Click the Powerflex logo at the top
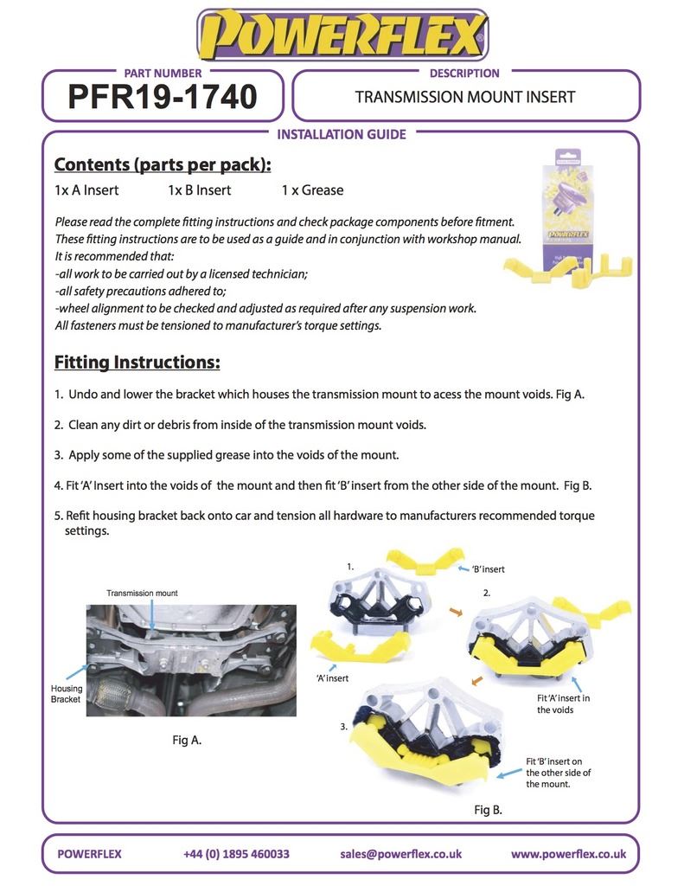[342, 35]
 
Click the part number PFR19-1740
[163, 97]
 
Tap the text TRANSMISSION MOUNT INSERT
[465, 97]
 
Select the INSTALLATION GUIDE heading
[342, 134]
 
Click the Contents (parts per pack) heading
[163, 164]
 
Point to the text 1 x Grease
[312, 190]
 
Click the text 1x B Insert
[200, 190]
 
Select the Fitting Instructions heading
[137, 363]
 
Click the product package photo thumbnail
[567, 217]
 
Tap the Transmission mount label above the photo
[143, 594]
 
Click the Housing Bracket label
[67, 694]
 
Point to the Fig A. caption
[187, 741]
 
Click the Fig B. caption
[488, 810]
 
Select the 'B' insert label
[488, 569]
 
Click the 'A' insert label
[332, 678]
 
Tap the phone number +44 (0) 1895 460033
[236, 854]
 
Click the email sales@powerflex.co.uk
[400, 854]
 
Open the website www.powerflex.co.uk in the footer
[568, 854]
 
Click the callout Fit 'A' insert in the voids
[563, 704]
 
